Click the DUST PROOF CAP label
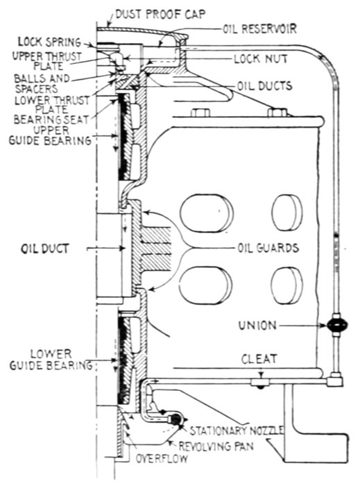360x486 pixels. (160, 15)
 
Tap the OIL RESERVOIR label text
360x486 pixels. (259, 29)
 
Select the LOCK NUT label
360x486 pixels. (260, 59)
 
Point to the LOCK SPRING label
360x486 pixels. (49, 42)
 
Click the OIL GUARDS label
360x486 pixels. (268, 248)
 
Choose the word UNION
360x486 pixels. (257, 326)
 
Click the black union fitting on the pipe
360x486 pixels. (336, 326)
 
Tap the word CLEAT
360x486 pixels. (259, 359)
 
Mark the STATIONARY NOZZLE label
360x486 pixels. (237, 430)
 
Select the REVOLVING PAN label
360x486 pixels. (216, 446)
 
